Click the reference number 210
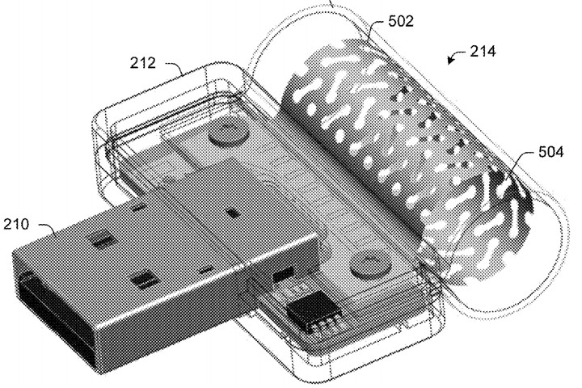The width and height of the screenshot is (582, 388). point(16,224)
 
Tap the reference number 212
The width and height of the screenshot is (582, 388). point(142,63)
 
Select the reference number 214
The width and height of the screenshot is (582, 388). point(483,51)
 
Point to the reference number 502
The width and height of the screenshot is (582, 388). point(401,21)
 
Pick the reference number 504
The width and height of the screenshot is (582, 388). point(550,152)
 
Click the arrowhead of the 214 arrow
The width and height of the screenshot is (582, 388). point(450,60)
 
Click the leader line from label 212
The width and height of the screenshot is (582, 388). point(175,67)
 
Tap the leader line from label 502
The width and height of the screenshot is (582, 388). point(374,29)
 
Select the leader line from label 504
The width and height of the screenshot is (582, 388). point(520,162)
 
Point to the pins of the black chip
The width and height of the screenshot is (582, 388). point(323,323)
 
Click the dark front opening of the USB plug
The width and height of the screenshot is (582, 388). point(56,315)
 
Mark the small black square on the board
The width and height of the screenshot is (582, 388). point(233,213)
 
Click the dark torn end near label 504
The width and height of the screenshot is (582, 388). point(512,189)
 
